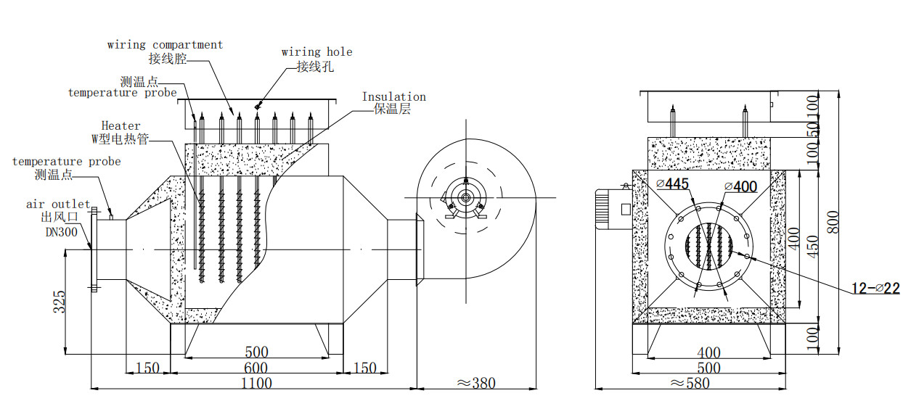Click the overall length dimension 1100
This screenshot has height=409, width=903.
coord(256,382)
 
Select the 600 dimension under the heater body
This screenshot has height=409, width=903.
coord(256,368)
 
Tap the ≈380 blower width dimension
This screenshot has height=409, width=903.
coord(475,383)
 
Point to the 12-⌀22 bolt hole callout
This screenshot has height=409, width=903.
coord(875,289)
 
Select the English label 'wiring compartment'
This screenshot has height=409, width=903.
coord(165,45)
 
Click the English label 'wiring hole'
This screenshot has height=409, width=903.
coord(316,52)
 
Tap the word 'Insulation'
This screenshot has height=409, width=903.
coord(393,96)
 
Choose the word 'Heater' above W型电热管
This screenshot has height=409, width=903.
coord(120,126)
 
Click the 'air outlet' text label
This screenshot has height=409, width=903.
coord(58,204)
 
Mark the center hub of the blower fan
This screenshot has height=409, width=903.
coord(464,197)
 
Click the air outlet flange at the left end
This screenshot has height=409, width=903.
coord(93,249)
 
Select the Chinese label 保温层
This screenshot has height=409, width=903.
coord(392,110)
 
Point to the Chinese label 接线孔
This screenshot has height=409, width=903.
coord(315,67)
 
